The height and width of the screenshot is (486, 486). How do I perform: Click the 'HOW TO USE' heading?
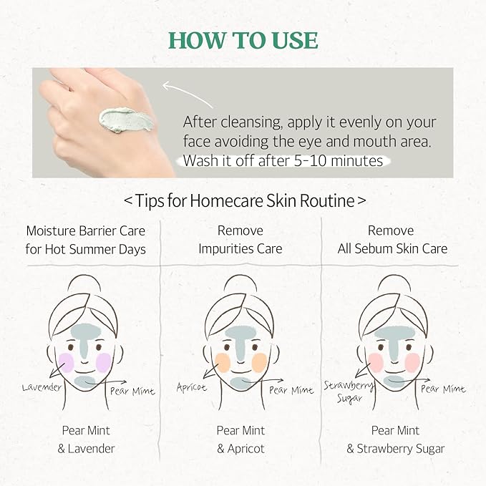(x=243, y=39)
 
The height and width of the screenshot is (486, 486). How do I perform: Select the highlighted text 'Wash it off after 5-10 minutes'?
(x=283, y=160)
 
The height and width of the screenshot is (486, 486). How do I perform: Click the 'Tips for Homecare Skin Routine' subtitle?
(x=243, y=200)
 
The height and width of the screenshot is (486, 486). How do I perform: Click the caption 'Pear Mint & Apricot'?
(x=240, y=439)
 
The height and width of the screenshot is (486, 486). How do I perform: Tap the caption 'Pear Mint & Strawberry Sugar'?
(x=395, y=439)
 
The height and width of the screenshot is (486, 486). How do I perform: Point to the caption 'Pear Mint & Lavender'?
(x=85, y=439)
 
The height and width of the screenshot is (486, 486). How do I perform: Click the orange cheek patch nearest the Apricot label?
(x=222, y=362)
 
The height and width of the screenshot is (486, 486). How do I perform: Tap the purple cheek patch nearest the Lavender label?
(x=67, y=362)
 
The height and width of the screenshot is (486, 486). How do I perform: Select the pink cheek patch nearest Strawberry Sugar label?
(x=376, y=362)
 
